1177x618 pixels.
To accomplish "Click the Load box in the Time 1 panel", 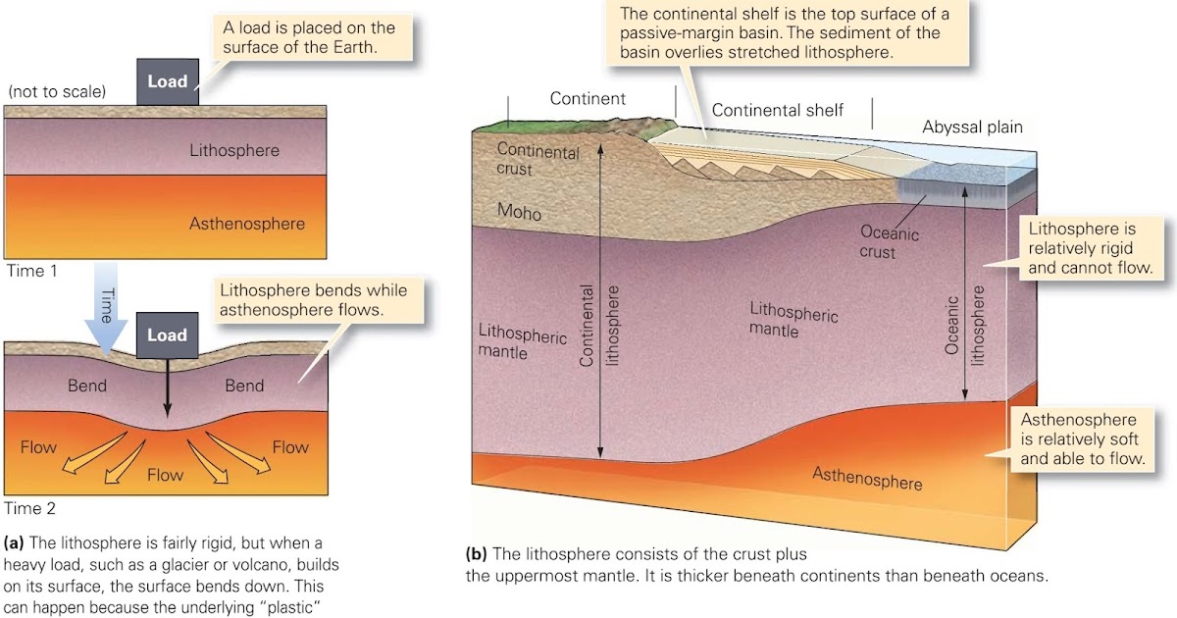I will point(167,81).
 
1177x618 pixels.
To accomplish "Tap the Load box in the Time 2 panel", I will point(167,335).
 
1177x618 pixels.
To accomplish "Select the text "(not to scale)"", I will point(57,92).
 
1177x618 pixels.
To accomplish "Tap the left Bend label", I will point(87,386).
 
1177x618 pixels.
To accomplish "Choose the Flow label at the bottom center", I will point(165,476).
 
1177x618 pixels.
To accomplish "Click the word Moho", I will point(519,212).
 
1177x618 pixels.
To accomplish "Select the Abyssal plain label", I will point(972,127).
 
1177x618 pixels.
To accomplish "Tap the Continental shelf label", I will point(777,110).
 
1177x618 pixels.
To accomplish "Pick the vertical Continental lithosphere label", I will point(600,326).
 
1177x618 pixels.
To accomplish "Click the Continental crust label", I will point(537,160).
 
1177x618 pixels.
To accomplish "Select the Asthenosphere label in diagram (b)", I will point(867,479).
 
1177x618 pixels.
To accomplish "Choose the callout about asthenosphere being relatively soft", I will point(1083,438).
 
